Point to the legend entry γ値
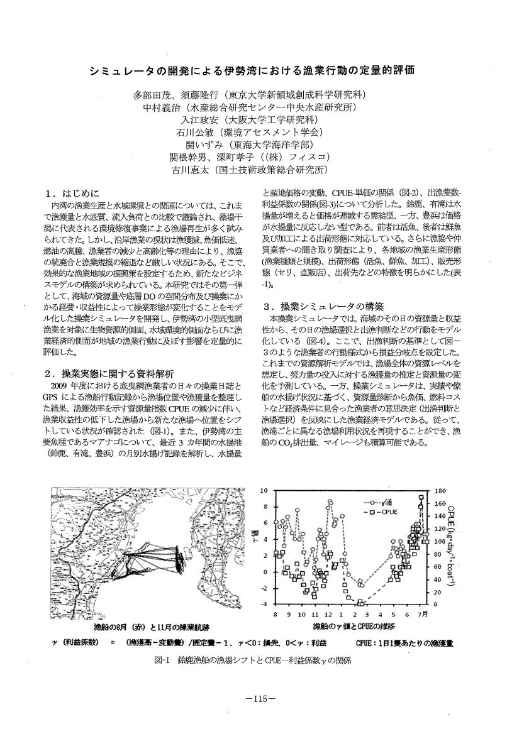click(x=383, y=503)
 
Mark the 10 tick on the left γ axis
click(x=265, y=490)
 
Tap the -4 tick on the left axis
click(x=264, y=605)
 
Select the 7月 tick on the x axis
click(x=423, y=614)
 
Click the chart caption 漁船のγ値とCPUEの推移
click(x=352, y=627)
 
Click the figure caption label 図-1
click(x=162, y=660)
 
